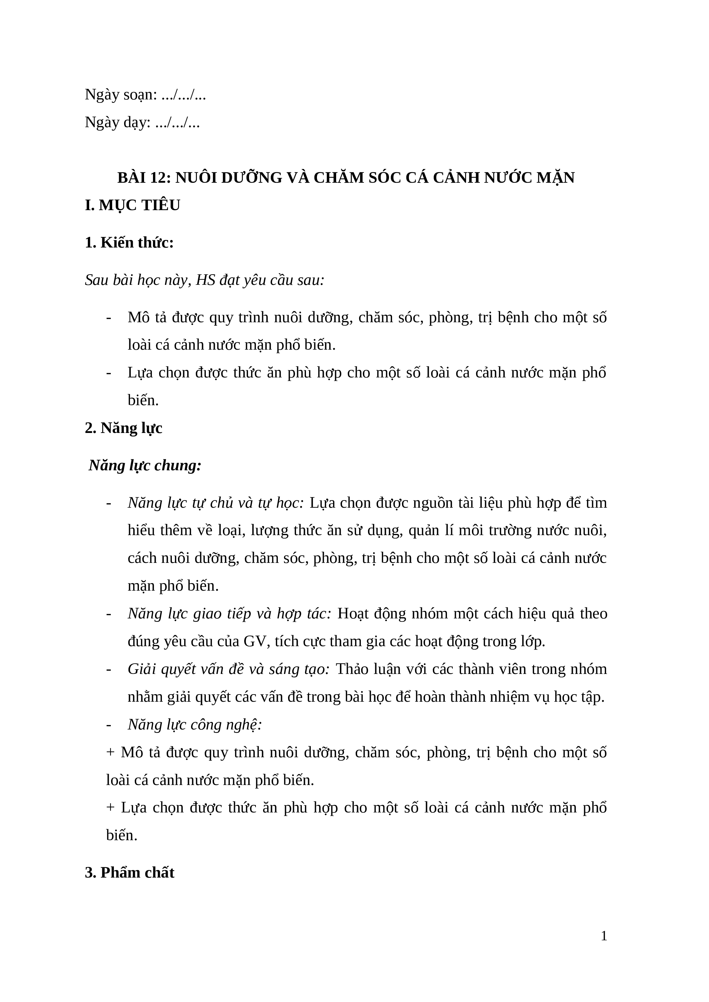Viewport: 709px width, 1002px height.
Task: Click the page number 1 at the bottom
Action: [x=604, y=936]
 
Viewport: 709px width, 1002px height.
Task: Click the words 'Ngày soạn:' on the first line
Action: [x=120, y=95]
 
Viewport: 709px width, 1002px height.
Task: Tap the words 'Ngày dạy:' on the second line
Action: [x=117, y=123]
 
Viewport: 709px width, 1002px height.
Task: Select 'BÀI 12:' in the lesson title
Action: [x=144, y=178]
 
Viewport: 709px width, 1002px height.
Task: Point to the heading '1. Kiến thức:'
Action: [x=129, y=243]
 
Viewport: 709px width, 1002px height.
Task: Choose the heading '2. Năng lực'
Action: [x=123, y=428]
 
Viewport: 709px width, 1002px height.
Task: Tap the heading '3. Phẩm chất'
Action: [x=130, y=872]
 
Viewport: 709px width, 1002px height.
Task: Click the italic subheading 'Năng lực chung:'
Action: [x=145, y=466]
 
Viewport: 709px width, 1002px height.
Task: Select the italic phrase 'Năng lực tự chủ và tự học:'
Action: [x=216, y=503]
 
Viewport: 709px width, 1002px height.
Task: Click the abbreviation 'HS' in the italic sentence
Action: [x=205, y=280]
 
